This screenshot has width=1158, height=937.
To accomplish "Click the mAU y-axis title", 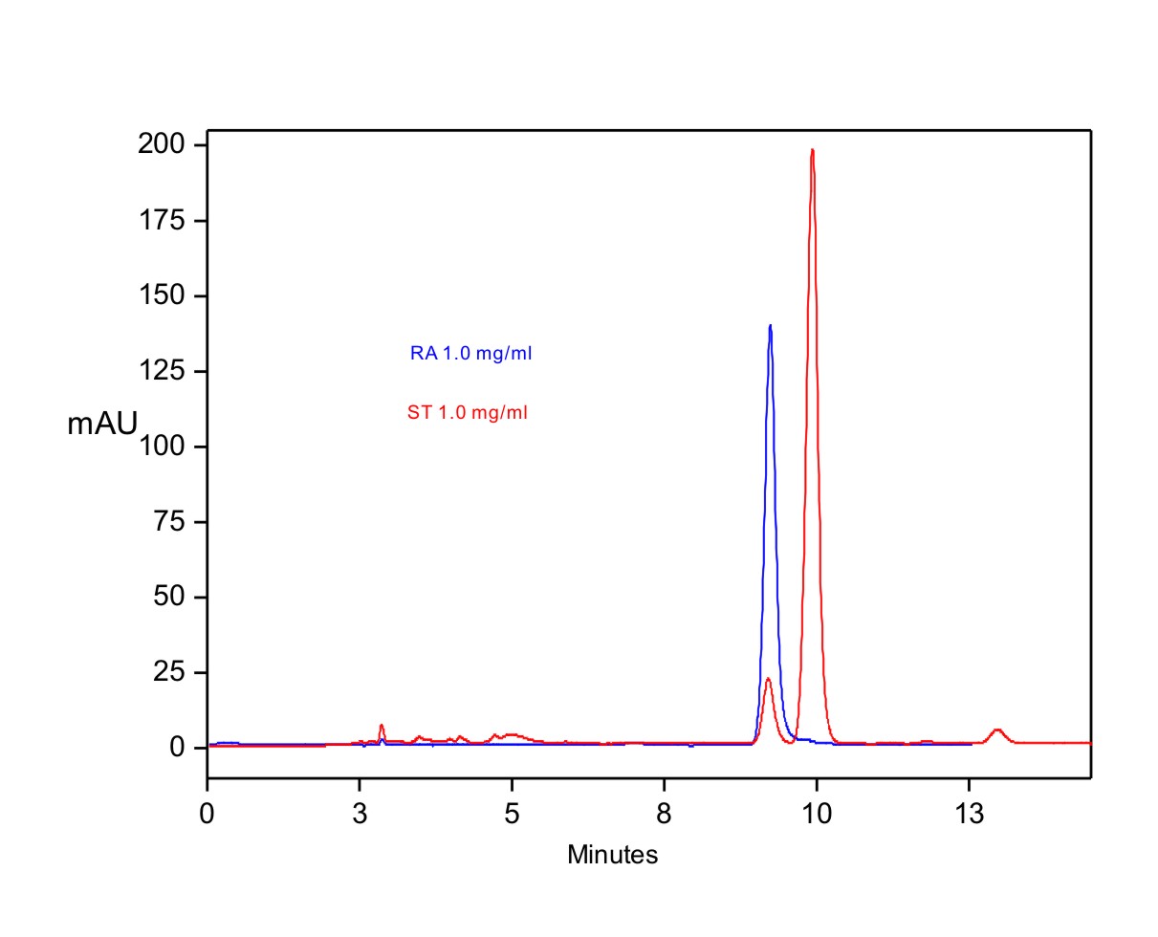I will tap(102, 424).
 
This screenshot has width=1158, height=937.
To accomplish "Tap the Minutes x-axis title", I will tap(612, 855).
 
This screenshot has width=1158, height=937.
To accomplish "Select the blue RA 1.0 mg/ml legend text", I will tap(470, 354).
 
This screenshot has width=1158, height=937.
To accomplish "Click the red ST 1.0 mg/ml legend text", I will tap(467, 413).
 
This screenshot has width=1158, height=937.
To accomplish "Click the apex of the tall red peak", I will tap(812, 150).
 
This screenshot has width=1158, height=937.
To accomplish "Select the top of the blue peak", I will tap(770, 326).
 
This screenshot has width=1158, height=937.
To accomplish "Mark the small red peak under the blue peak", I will tap(768, 680).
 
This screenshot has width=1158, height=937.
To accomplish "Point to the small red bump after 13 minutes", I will tap(997, 730).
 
